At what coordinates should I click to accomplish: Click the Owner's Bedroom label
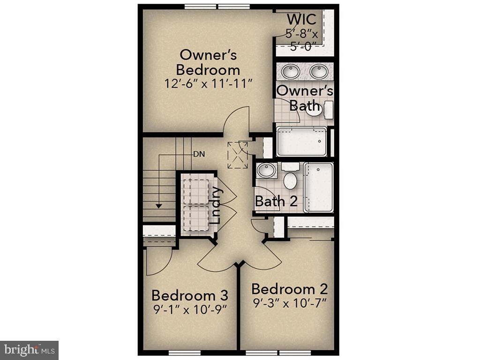208,62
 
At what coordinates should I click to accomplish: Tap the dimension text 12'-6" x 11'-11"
209,84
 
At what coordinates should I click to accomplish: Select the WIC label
301,20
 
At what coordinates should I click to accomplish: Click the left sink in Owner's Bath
290,72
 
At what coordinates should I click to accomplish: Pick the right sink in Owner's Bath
319,72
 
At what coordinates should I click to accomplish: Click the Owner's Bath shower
301,141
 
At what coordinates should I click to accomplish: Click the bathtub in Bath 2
318,187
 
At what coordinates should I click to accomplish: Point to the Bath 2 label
276,202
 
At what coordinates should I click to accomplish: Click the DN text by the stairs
198,153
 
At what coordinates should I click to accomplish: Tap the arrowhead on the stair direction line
159,205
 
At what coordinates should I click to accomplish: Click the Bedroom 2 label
289,288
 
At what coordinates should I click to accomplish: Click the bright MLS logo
29,350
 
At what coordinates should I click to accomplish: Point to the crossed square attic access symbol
237,154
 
